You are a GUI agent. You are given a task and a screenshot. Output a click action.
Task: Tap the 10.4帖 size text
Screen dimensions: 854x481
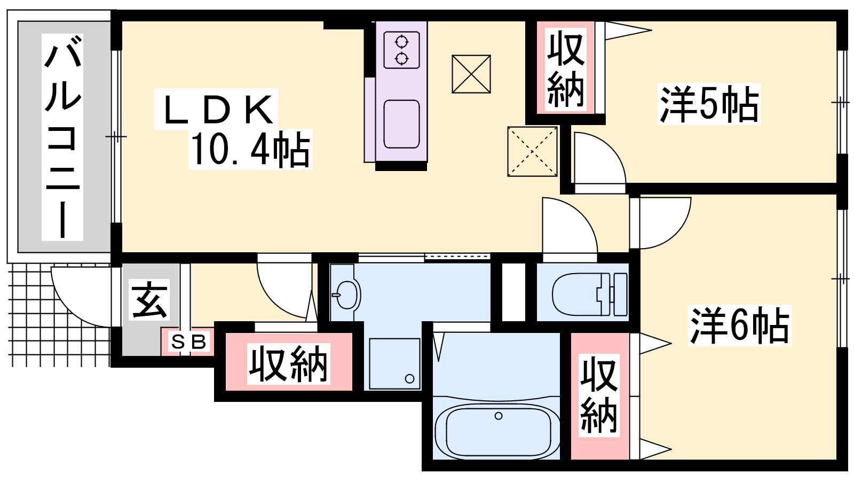point(250,149)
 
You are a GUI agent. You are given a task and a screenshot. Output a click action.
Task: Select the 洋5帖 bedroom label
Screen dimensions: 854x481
point(709,104)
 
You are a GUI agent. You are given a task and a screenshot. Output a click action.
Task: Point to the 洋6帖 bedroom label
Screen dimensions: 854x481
point(740,325)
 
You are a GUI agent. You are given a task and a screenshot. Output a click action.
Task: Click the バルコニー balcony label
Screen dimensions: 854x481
point(62,137)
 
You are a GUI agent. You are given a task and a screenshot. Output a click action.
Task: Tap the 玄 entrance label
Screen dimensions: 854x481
point(149,299)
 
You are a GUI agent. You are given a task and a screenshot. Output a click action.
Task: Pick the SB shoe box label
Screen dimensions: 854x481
point(189,342)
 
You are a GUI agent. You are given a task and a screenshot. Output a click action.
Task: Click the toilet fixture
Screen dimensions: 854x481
point(590,294)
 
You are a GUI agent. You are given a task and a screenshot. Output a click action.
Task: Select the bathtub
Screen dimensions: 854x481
point(497,431)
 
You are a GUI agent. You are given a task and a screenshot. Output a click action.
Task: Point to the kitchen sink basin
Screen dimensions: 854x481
point(401,124)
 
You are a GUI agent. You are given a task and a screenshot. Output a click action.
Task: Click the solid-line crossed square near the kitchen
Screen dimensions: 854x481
point(471,74)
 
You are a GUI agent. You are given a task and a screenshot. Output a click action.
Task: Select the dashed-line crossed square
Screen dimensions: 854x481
point(532,152)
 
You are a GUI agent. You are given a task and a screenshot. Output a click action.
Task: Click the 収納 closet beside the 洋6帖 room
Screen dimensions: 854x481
point(599,396)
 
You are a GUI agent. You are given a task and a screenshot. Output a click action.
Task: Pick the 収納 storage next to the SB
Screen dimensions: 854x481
point(289,362)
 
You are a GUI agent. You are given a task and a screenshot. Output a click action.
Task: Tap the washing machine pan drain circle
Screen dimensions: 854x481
point(410,379)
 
